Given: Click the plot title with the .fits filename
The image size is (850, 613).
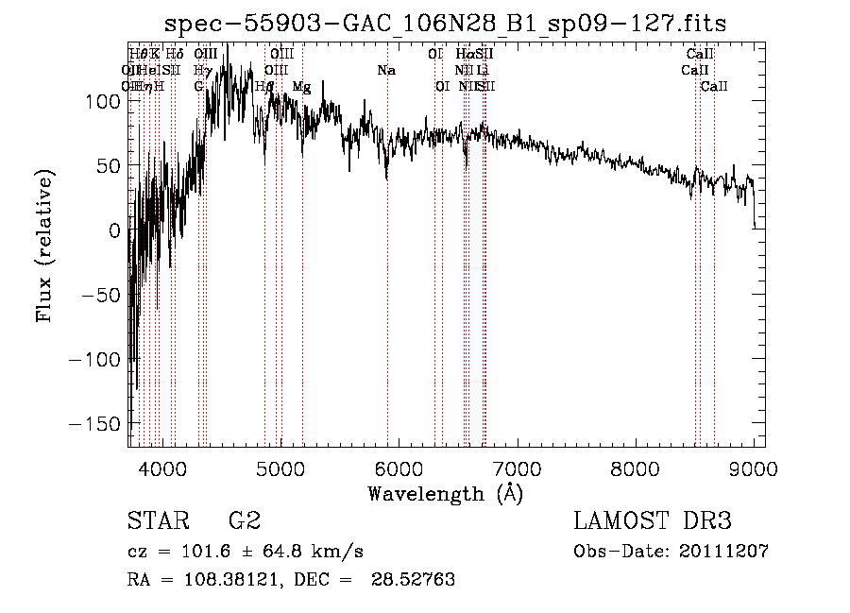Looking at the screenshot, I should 445,24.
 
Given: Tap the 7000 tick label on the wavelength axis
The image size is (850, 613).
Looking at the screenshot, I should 516,467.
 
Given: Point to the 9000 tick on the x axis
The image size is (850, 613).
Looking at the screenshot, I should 753,467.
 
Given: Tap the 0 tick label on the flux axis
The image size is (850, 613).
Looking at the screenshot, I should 115,230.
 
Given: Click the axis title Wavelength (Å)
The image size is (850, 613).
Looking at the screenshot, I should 445,493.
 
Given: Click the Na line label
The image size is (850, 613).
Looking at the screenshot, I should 386,70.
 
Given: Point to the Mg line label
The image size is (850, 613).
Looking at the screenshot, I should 302,87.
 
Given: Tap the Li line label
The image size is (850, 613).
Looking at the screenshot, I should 483,70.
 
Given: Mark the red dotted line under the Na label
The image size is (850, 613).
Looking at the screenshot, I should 387,283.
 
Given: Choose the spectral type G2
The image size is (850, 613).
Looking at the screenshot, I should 244,521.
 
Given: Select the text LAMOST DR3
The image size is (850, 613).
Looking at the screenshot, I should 653,521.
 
